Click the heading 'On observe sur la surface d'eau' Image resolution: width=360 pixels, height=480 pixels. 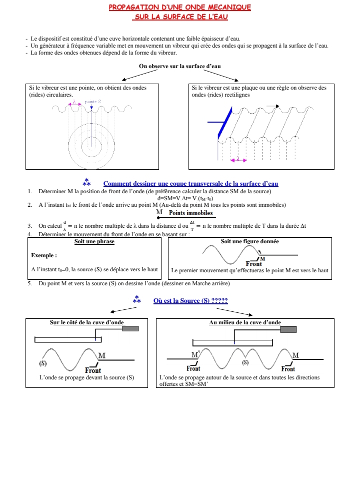[179, 66]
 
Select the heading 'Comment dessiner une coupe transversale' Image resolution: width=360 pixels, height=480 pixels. [190, 184]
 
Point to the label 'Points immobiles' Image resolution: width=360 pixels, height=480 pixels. [190, 213]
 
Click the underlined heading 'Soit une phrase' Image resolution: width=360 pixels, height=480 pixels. [94, 242]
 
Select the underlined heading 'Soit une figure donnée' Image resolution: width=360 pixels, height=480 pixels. [249, 242]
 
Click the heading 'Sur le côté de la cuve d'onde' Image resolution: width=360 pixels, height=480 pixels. [87, 322]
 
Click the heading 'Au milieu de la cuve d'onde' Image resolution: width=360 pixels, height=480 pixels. [244, 322]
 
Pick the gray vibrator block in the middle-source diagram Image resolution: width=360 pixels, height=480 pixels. [288, 329]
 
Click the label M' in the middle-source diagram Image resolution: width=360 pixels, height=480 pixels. [195, 354]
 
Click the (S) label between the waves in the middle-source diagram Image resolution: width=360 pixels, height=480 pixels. [245, 361]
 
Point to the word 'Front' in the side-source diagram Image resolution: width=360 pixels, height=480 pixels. [93, 370]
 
